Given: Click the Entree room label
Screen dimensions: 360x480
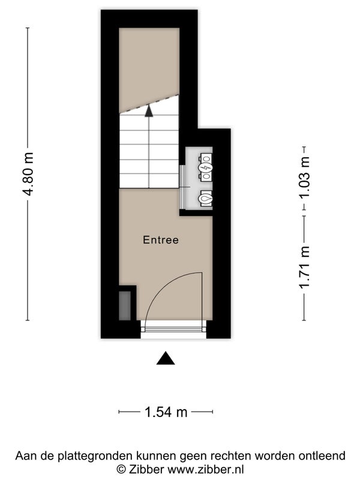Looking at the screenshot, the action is point(161,239).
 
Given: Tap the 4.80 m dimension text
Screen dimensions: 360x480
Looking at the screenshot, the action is point(28,174).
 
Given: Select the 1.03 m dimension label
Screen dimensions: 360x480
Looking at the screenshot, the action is point(305,178).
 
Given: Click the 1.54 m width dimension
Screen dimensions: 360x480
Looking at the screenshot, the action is point(166,412).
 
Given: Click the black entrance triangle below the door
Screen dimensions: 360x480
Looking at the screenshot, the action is point(166,358).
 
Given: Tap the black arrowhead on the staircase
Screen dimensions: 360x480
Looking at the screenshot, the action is point(149,110).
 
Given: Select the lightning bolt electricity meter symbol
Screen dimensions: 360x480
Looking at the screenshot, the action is point(205,167).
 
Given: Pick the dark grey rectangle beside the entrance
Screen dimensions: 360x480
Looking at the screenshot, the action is point(125,306).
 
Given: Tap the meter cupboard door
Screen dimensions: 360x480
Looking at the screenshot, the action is point(182,187).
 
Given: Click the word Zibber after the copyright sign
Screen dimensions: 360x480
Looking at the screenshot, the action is point(147,469).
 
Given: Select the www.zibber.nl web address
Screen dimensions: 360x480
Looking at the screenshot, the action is point(206,469).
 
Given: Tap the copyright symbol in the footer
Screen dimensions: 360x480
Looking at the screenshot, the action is point(121,470).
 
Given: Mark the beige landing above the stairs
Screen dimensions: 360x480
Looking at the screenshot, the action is point(149,69).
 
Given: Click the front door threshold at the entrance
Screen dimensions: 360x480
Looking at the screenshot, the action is point(173,329).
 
